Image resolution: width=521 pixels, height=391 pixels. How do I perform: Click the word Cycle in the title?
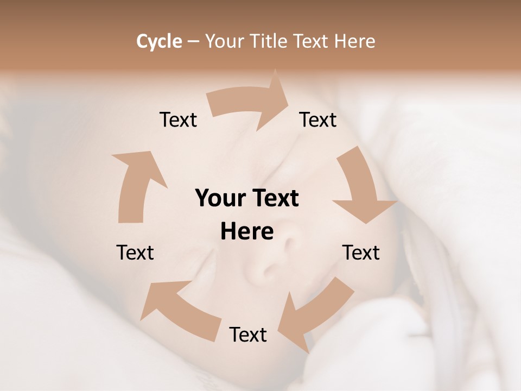[x=159, y=41]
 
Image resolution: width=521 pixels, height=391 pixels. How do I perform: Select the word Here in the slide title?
[x=354, y=41]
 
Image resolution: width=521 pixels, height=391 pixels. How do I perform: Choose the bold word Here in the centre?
[x=247, y=232]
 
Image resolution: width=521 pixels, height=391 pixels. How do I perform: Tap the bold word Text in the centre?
[x=273, y=199]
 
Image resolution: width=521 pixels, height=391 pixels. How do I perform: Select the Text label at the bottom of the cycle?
[x=248, y=335]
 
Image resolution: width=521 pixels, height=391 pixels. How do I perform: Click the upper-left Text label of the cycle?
[x=179, y=119]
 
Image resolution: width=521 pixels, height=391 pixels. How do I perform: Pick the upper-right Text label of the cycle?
[x=318, y=119]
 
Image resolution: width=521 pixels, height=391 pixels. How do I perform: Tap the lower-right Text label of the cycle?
[x=361, y=253]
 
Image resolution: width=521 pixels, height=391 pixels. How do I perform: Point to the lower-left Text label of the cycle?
[x=135, y=253]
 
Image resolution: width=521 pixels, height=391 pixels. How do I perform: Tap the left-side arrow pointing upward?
[x=135, y=185]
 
